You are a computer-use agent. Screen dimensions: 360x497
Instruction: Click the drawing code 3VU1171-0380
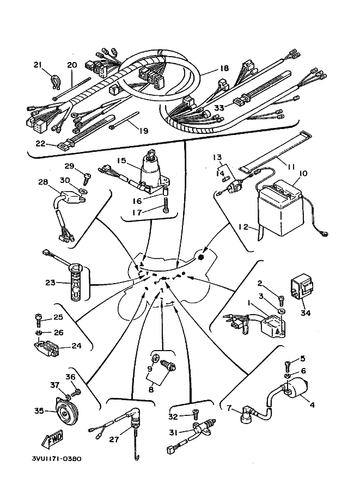[56, 458]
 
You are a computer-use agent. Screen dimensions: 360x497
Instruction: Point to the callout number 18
[224, 68]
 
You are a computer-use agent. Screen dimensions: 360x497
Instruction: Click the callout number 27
[114, 439]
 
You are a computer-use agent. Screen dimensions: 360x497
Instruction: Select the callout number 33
[219, 107]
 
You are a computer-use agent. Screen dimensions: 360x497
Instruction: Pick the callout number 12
[243, 226]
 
